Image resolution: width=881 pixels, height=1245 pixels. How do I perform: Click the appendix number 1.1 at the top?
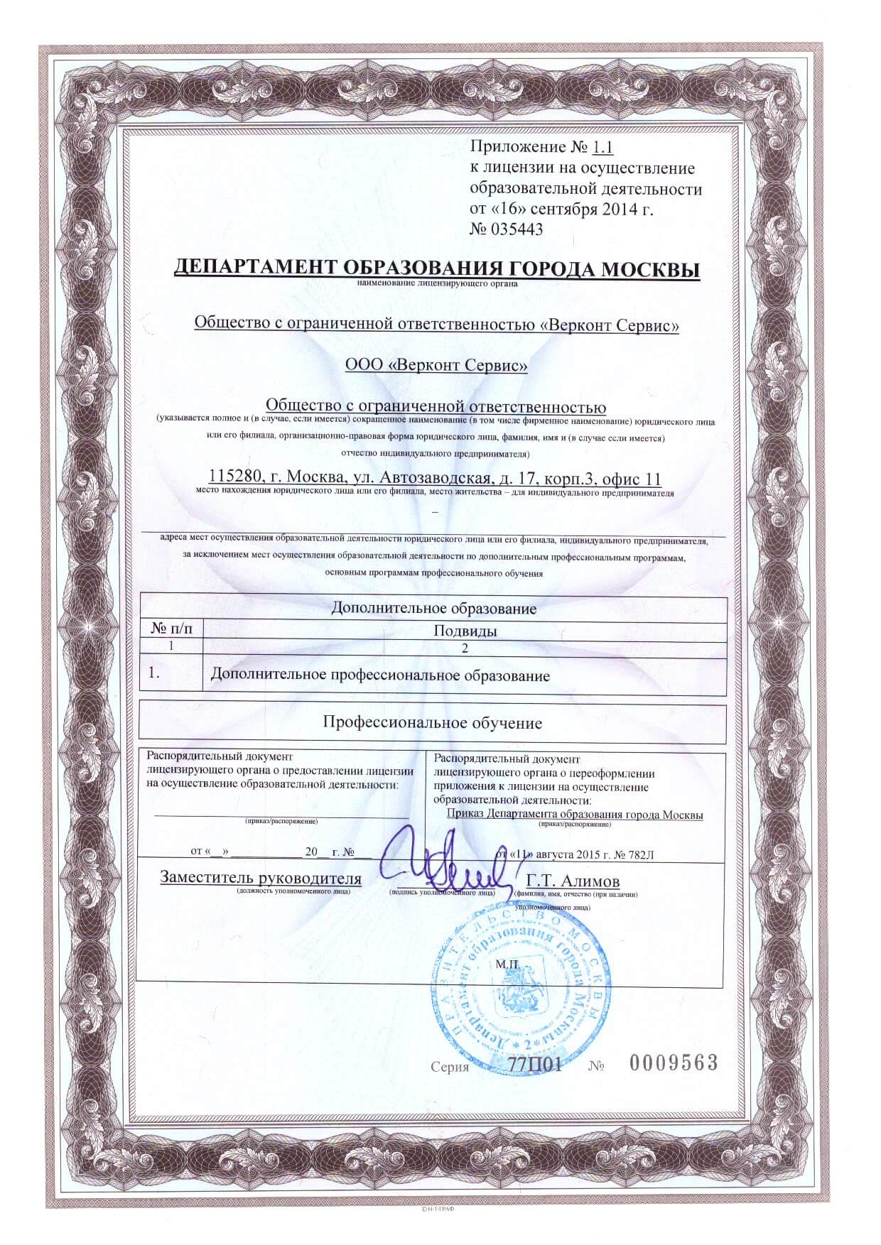pyautogui.click(x=601, y=148)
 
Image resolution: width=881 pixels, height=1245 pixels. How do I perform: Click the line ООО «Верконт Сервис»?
pyautogui.click(x=436, y=366)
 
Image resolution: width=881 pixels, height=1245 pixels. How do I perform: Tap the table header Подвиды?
pyautogui.click(x=465, y=631)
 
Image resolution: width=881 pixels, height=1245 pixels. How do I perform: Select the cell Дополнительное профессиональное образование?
pyautogui.click(x=380, y=675)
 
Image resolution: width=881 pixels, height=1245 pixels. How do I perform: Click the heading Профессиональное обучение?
pyautogui.click(x=433, y=723)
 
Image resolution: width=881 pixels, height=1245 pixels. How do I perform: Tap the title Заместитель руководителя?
pyautogui.click(x=261, y=879)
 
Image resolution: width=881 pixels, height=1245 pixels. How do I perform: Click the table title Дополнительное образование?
pyautogui.click(x=433, y=609)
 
